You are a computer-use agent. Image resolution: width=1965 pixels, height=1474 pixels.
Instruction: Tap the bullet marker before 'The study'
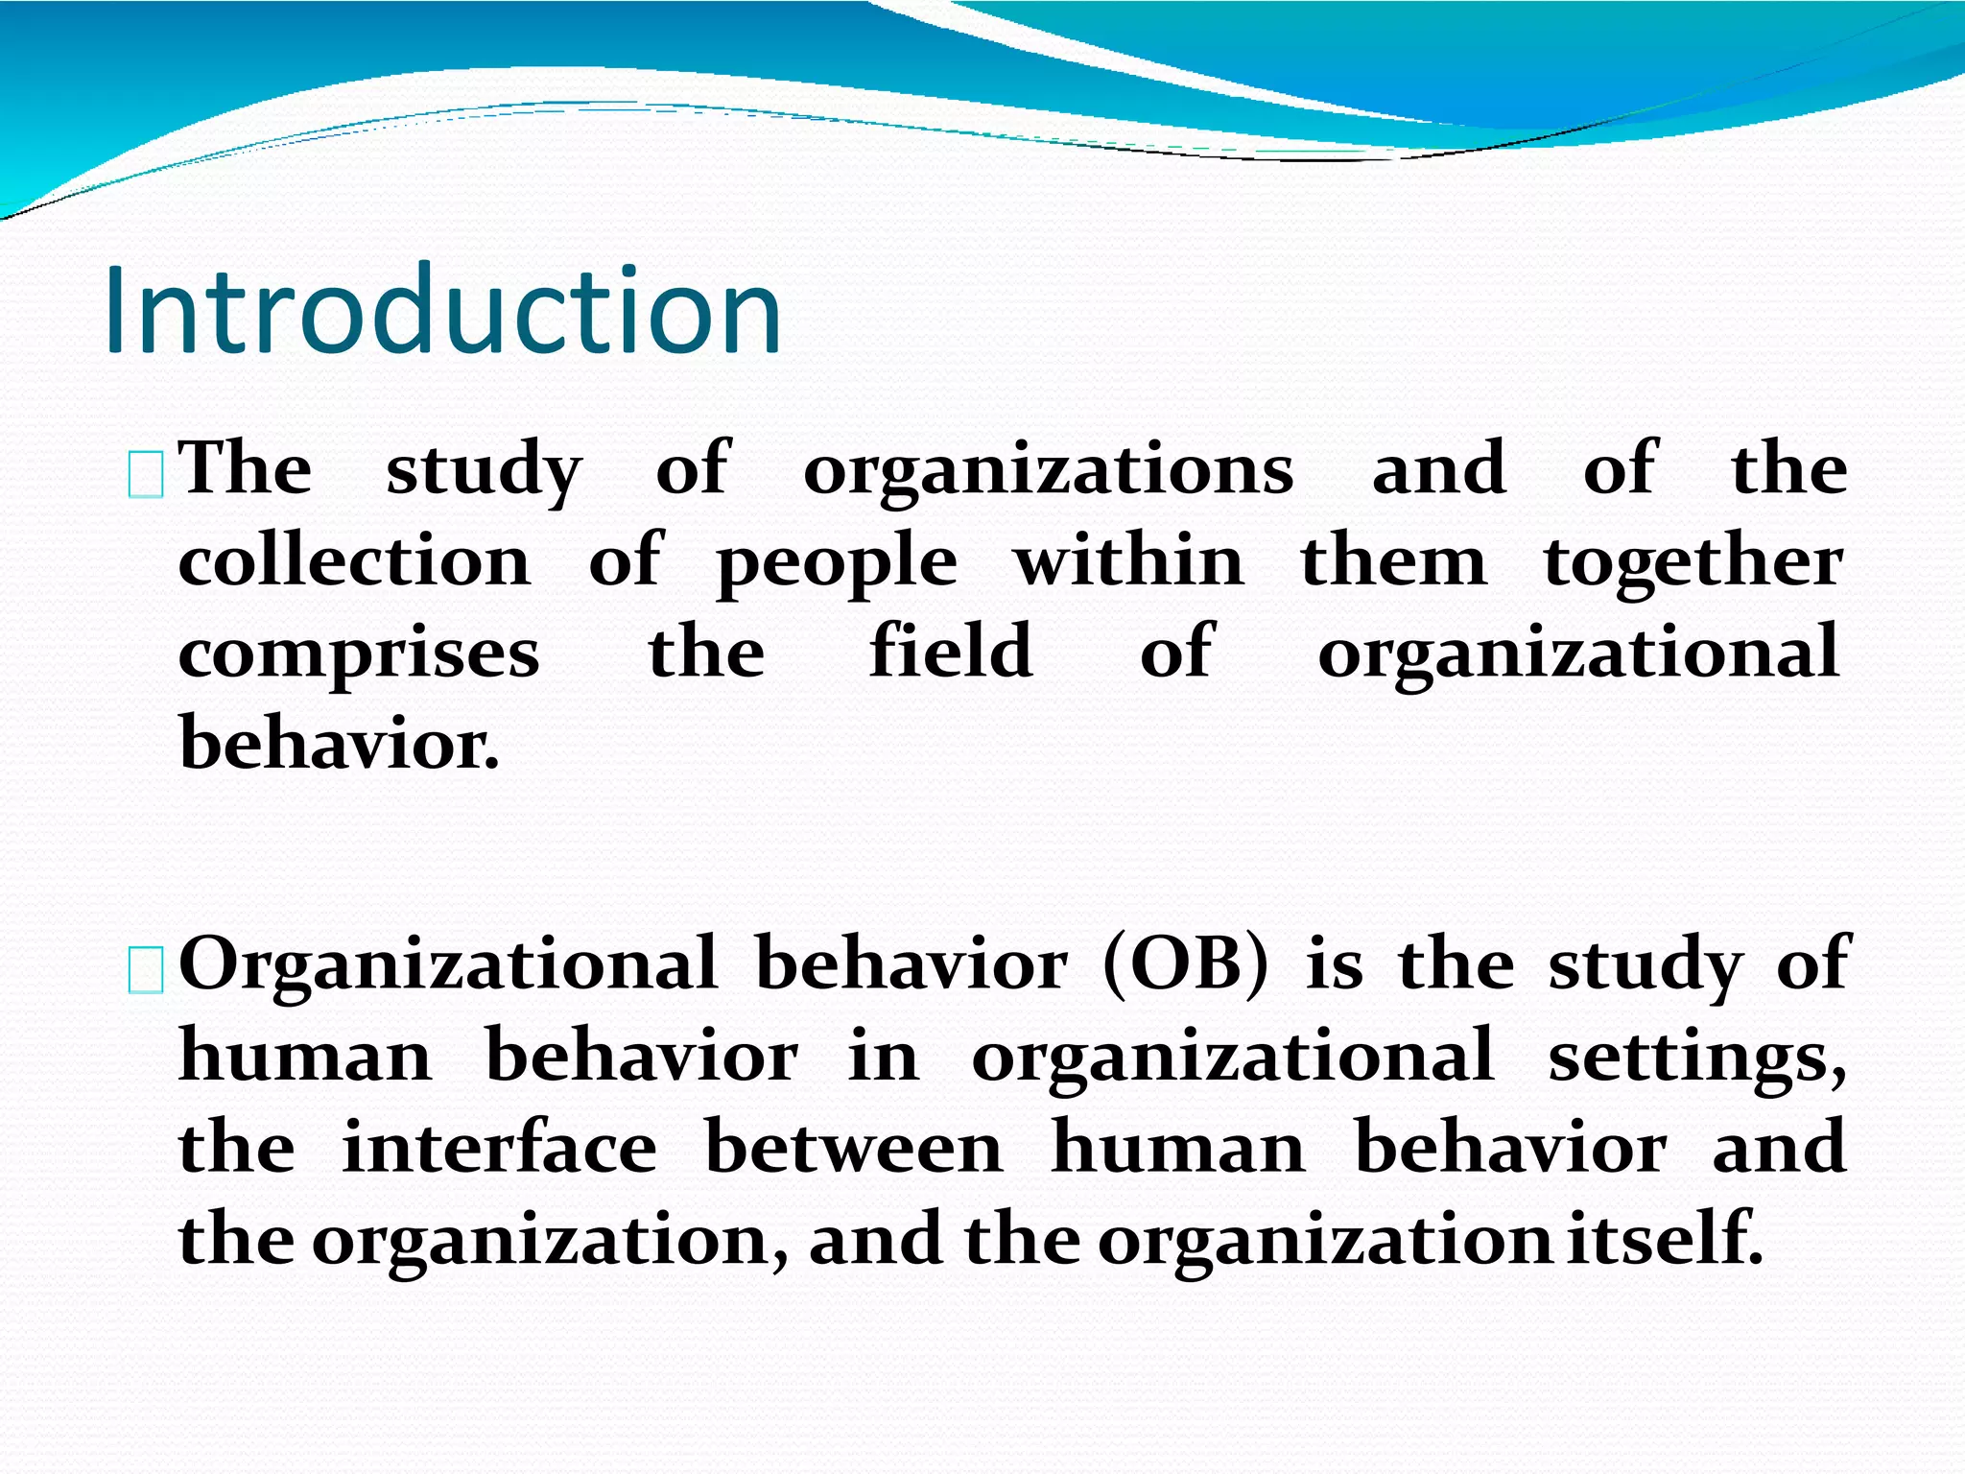click(146, 476)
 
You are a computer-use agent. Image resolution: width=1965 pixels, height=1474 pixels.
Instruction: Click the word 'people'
click(837, 564)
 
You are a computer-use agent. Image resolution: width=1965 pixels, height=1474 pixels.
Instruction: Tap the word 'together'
click(1693, 564)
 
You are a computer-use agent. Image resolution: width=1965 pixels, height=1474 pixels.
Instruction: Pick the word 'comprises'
click(359, 656)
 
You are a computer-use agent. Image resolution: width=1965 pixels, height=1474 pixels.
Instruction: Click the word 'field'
click(951, 651)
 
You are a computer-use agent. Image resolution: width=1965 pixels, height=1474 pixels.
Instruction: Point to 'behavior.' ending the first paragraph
click(340, 744)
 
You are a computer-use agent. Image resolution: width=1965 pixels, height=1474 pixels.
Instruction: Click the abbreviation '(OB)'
click(1186, 963)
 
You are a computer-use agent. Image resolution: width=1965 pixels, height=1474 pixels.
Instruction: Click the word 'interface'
click(500, 1148)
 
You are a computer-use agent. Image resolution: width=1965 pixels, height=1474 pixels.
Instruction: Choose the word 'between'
click(854, 1148)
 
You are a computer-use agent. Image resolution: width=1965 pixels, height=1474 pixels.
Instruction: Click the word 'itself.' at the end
click(1665, 1239)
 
